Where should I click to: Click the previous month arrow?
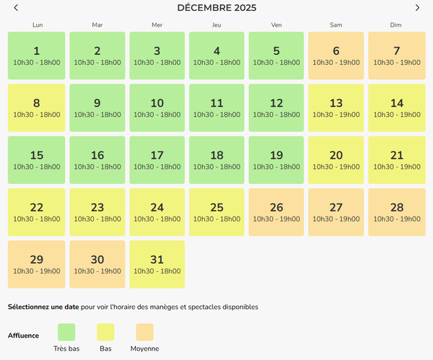tap(16, 8)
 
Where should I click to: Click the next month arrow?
tap(417, 8)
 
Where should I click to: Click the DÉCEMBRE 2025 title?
tap(216, 8)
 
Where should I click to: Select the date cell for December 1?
tap(37, 56)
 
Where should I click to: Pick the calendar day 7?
tap(396, 56)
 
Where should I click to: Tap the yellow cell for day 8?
tap(37, 107)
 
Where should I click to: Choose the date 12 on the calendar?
tap(276, 107)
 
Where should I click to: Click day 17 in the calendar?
tap(157, 159)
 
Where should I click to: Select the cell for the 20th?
tap(336, 159)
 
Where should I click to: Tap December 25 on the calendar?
tap(216, 211)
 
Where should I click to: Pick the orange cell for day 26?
tap(276, 211)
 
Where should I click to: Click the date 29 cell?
tap(37, 264)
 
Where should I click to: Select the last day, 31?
tap(157, 264)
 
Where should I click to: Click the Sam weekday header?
tap(336, 25)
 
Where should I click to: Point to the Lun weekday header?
tap(37, 25)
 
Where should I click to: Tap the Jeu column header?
tap(216, 25)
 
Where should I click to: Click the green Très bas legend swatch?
tap(66, 332)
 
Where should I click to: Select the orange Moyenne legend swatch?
tap(144, 332)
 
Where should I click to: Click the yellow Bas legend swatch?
tap(105, 332)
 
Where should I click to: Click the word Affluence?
tap(23, 335)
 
